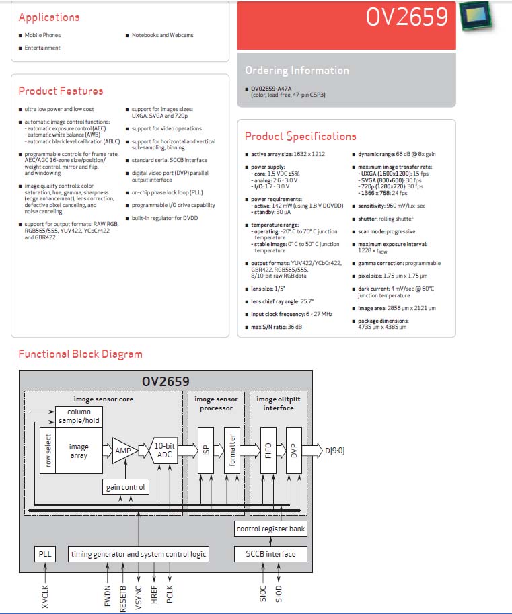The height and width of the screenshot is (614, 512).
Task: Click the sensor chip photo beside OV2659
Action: [477, 16]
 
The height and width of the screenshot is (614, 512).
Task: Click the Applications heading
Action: [49, 17]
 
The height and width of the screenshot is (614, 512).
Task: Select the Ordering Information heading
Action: [297, 71]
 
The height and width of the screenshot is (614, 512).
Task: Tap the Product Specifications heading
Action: [301, 137]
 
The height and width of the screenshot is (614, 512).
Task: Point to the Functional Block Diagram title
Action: [80, 354]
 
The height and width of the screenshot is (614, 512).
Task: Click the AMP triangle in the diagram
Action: [124, 451]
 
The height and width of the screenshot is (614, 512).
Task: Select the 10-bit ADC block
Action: [164, 451]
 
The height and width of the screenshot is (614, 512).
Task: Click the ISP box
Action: [206, 451]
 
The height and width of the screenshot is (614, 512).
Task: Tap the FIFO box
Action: [268, 451]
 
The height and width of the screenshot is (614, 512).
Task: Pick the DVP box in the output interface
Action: [294, 451]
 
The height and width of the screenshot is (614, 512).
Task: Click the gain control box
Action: [125, 487]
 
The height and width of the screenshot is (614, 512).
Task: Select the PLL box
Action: [45, 554]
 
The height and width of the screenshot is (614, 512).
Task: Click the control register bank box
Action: [270, 529]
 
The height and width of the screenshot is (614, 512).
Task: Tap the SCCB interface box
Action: [270, 554]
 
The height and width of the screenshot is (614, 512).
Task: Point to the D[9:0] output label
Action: [335, 451]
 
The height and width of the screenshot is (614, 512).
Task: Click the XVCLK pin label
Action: [45, 597]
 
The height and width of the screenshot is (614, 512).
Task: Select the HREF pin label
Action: [154, 594]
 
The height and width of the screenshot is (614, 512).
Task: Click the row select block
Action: [48, 451]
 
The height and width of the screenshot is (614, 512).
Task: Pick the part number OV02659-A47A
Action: [271, 89]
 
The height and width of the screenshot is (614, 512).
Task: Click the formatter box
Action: [232, 451]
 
